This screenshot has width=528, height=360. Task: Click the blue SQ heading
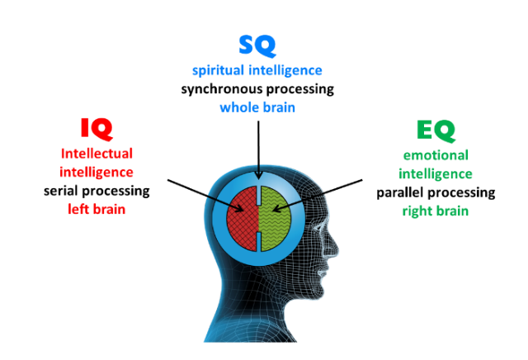click(x=257, y=45)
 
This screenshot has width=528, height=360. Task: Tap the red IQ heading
click(x=97, y=129)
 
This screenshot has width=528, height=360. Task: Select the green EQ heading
click(x=436, y=130)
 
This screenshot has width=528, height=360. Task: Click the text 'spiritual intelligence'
click(x=257, y=70)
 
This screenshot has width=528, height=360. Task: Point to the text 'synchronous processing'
click(x=257, y=89)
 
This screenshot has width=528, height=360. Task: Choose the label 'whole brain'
click(x=257, y=107)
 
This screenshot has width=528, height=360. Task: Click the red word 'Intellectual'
click(x=97, y=154)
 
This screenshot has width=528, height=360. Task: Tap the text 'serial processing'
click(x=97, y=191)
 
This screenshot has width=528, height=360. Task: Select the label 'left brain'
click(x=97, y=210)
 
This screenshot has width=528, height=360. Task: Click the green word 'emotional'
click(x=436, y=155)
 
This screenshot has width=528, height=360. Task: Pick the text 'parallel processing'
click(x=436, y=193)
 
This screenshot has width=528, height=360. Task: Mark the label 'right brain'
click(x=436, y=211)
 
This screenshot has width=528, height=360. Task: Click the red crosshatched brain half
click(x=243, y=219)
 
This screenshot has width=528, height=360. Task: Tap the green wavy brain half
click(x=276, y=219)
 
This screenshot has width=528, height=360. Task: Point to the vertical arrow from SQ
click(x=258, y=150)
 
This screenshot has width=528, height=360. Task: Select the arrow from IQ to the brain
click(x=205, y=196)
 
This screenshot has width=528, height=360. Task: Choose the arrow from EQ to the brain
click(x=317, y=196)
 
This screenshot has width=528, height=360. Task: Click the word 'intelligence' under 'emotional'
click(x=436, y=174)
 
